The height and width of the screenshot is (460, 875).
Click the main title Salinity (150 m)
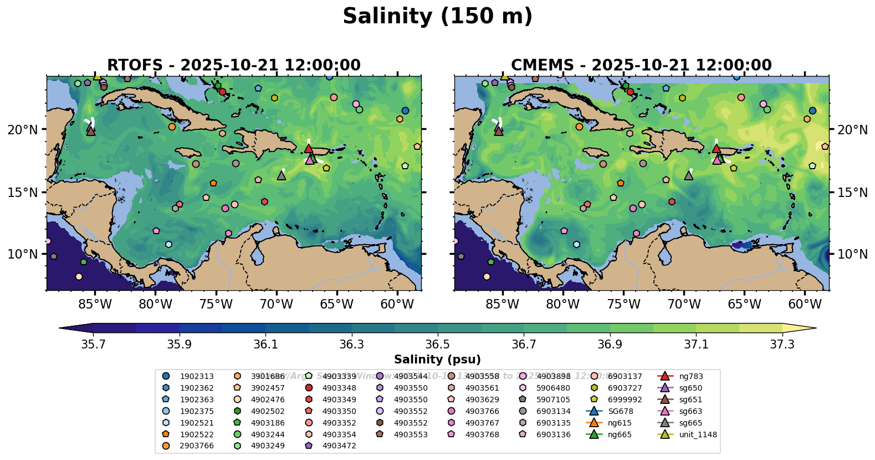[x=437, y=17]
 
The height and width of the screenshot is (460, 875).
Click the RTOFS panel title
[x=233, y=65]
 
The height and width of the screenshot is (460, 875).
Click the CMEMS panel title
[x=641, y=65]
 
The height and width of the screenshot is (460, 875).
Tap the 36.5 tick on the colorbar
[x=438, y=345]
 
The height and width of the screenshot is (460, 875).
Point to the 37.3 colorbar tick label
[x=782, y=345]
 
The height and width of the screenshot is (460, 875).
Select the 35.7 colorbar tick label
[x=93, y=345]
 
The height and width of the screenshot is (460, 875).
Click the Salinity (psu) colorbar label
[x=437, y=360]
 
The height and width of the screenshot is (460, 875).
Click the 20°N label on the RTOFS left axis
[x=23, y=130]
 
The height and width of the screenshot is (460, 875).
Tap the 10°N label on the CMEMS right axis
[x=852, y=254]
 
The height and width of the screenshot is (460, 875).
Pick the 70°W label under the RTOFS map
[x=276, y=304]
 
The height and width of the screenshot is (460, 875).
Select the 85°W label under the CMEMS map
[x=503, y=304]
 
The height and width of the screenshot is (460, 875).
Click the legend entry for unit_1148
[x=698, y=434]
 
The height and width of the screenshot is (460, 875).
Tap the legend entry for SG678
[x=620, y=411]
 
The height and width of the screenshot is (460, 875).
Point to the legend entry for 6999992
[x=625, y=400]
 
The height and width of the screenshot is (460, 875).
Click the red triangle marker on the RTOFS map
[x=309, y=149]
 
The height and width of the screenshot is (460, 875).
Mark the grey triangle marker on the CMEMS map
[x=689, y=175]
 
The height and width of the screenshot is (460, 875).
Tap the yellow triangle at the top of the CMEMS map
[x=505, y=77]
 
